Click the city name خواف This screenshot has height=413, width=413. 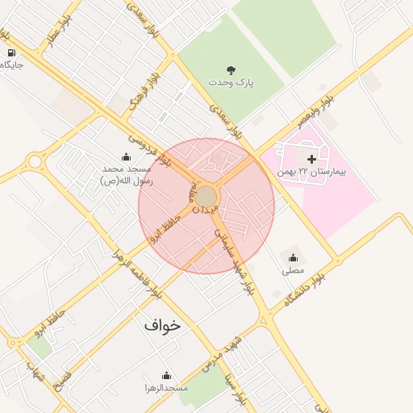(x=163, y=325)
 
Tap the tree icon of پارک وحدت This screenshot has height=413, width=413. (x=232, y=70)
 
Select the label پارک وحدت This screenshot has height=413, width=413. (x=230, y=83)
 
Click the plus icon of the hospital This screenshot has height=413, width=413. (x=311, y=160)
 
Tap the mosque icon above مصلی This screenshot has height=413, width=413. (x=293, y=258)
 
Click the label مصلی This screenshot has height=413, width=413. (x=293, y=271)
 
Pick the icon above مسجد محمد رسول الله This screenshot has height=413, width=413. (x=127, y=157)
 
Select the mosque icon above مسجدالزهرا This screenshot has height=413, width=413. (x=166, y=375)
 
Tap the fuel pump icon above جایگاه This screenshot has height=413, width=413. (x=11, y=53)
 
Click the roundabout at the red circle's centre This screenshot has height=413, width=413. (x=206, y=197)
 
